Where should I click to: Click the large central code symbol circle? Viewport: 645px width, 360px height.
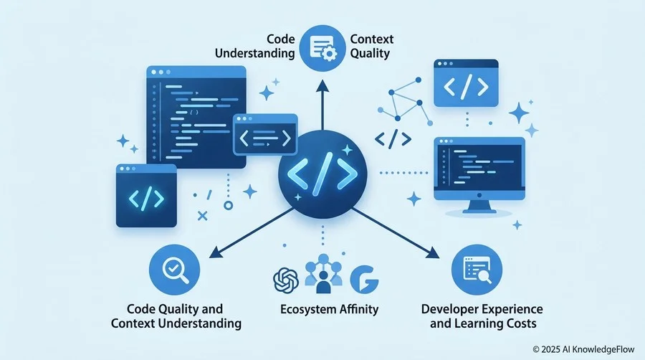click(x=322, y=174)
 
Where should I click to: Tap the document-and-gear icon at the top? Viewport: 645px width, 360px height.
click(x=322, y=48)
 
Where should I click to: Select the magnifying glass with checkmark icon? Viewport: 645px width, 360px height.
click(x=174, y=270)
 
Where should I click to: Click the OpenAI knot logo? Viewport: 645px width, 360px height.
click(x=286, y=280)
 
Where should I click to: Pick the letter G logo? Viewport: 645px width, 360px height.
click(x=364, y=280)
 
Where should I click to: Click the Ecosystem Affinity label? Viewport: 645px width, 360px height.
click(x=329, y=309)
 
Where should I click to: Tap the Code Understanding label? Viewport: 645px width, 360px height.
click(x=255, y=46)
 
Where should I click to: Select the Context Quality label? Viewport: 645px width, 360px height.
click(x=371, y=46)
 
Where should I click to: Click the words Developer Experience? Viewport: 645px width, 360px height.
click(x=482, y=309)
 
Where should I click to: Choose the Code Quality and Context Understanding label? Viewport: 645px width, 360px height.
click(x=176, y=316)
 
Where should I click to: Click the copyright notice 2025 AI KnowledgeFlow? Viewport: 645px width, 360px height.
click(x=583, y=349)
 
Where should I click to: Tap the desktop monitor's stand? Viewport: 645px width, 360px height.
click(x=479, y=207)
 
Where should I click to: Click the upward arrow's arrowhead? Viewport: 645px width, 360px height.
click(x=322, y=85)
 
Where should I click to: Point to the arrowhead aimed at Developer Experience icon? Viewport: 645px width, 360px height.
click(x=432, y=252)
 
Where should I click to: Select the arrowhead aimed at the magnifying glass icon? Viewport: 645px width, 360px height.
click(x=216, y=252)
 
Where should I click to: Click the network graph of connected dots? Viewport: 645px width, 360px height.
click(x=405, y=101)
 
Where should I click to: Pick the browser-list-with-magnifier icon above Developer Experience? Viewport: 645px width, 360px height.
click(x=477, y=270)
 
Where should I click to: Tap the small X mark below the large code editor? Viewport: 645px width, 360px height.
click(x=202, y=216)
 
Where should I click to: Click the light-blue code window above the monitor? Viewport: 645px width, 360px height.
click(x=466, y=83)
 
